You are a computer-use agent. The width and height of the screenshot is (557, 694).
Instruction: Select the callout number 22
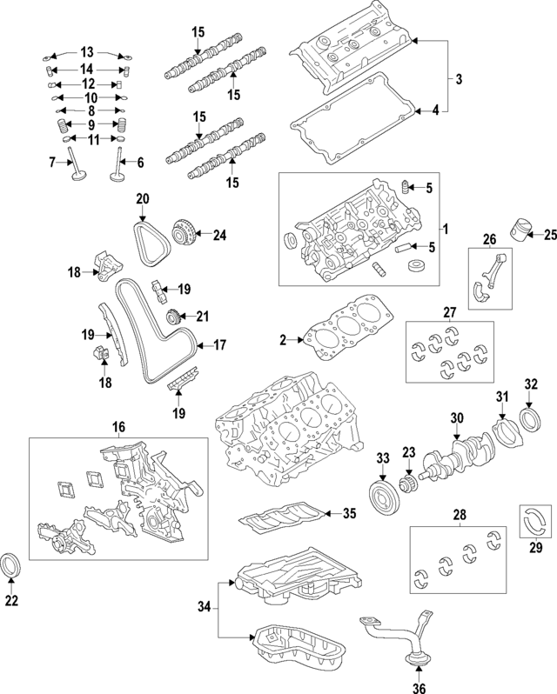[x=12, y=600]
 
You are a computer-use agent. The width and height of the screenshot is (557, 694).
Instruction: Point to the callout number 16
[x=117, y=426]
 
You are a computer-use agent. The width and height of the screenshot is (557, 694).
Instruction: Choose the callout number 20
[x=142, y=199]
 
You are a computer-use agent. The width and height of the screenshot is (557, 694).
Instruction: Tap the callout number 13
[x=86, y=51]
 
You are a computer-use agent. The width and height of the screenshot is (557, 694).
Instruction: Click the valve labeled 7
[x=78, y=170]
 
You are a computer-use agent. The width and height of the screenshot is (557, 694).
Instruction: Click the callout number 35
[x=349, y=513]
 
